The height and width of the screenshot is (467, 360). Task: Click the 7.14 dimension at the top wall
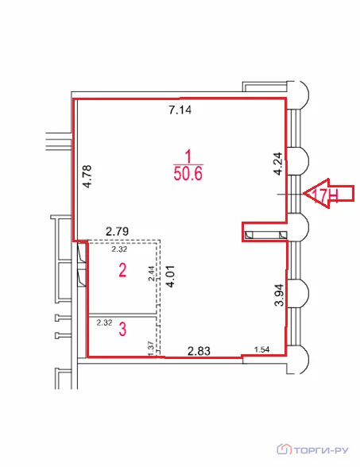[x=180, y=110]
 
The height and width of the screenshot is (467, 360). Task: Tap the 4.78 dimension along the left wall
[x=88, y=176]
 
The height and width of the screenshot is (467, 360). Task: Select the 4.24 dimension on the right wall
[x=278, y=164]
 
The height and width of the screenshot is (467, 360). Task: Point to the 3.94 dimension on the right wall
[x=280, y=295]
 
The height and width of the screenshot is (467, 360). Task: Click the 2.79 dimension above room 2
[x=118, y=231]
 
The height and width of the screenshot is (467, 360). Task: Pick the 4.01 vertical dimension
[x=170, y=276]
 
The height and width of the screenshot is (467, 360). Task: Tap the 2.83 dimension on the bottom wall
[x=199, y=351]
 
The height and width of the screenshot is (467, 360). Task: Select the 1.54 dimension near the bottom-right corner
[x=262, y=349]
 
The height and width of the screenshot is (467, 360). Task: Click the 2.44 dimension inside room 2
[x=152, y=273]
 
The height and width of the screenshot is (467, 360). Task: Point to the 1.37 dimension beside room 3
[x=151, y=349]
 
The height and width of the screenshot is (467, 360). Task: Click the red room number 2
[x=122, y=271]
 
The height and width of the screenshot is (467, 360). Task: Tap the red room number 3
[x=122, y=330]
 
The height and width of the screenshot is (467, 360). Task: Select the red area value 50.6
[x=188, y=174]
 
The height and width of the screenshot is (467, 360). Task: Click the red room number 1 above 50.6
[x=188, y=156]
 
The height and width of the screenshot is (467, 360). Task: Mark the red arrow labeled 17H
[x=329, y=194]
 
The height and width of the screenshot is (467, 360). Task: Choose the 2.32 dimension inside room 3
[x=104, y=322]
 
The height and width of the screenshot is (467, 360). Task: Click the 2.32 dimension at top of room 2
[x=119, y=249]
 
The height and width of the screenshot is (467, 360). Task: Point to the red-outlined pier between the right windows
[x=265, y=232]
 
